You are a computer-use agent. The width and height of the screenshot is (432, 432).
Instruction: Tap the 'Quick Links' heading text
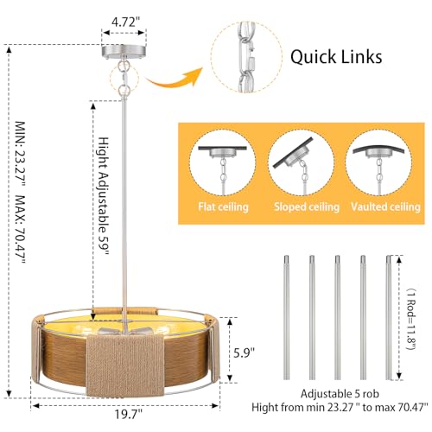pyautogui.click(x=336, y=57)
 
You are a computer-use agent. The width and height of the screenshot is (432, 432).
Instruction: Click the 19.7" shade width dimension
pyautogui.click(x=129, y=415)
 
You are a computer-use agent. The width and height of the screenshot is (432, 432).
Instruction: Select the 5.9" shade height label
pyautogui.click(x=245, y=353)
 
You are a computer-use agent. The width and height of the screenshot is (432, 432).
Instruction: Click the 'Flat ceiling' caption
pyautogui.click(x=223, y=207)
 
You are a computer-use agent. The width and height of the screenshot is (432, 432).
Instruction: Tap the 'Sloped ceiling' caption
pyautogui.click(x=307, y=207)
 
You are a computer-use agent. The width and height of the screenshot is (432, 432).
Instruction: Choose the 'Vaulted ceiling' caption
pyautogui.click(x=385, y=207)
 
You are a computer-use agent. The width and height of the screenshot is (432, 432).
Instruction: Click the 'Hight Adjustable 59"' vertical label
pyautogui.click(x=104, y=196)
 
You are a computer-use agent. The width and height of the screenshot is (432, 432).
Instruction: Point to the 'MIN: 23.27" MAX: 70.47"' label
pyautogui.click(x=21, y=192)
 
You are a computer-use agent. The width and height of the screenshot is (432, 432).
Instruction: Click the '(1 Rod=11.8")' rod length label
pyautogui.click(x=411, y=319)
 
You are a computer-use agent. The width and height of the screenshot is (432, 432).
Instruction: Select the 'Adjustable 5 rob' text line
pyautogui.click(x=340, y=393)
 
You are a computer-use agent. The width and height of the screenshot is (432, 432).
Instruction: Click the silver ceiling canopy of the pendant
pyautogui.click(x=124, y=51)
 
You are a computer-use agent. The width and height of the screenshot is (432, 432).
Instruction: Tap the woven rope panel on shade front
pyautogui.click(x=125, y=365)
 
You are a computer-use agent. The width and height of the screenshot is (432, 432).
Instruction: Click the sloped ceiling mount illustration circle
pyautogui.click(x=302, y=162)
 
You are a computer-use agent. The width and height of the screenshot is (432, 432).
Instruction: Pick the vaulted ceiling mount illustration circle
pyautogui.click(x=378, y=162)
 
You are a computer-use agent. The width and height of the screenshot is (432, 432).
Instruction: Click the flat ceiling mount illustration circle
pyautogui.click(x=223, y=162)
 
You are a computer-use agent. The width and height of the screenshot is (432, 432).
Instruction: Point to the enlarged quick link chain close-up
pyautogui.click(x=246, y=57)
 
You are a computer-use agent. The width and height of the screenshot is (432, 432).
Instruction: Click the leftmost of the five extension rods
pyautogui.click(x=286, y=317)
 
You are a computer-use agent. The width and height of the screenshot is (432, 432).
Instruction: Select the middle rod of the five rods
pyautogui.click(x=337, y=317)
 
